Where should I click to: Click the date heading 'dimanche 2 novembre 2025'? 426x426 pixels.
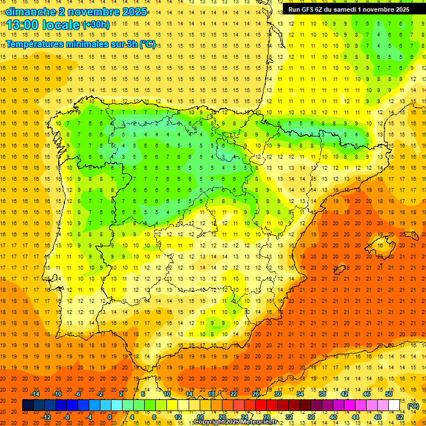77,11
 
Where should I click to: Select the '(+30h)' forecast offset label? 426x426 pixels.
96,24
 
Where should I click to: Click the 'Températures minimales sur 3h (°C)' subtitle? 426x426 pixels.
81,44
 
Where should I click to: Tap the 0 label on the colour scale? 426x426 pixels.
110,417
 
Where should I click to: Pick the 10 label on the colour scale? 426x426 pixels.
166,394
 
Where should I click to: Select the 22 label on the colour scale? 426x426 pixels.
234,394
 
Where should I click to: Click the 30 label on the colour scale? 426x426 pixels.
278,394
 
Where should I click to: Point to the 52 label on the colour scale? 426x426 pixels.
400,417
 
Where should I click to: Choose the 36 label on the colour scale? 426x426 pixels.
311,417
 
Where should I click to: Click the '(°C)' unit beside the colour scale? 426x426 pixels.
413,406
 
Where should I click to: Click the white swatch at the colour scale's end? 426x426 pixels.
394,405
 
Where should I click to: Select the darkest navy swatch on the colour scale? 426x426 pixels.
28,405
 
